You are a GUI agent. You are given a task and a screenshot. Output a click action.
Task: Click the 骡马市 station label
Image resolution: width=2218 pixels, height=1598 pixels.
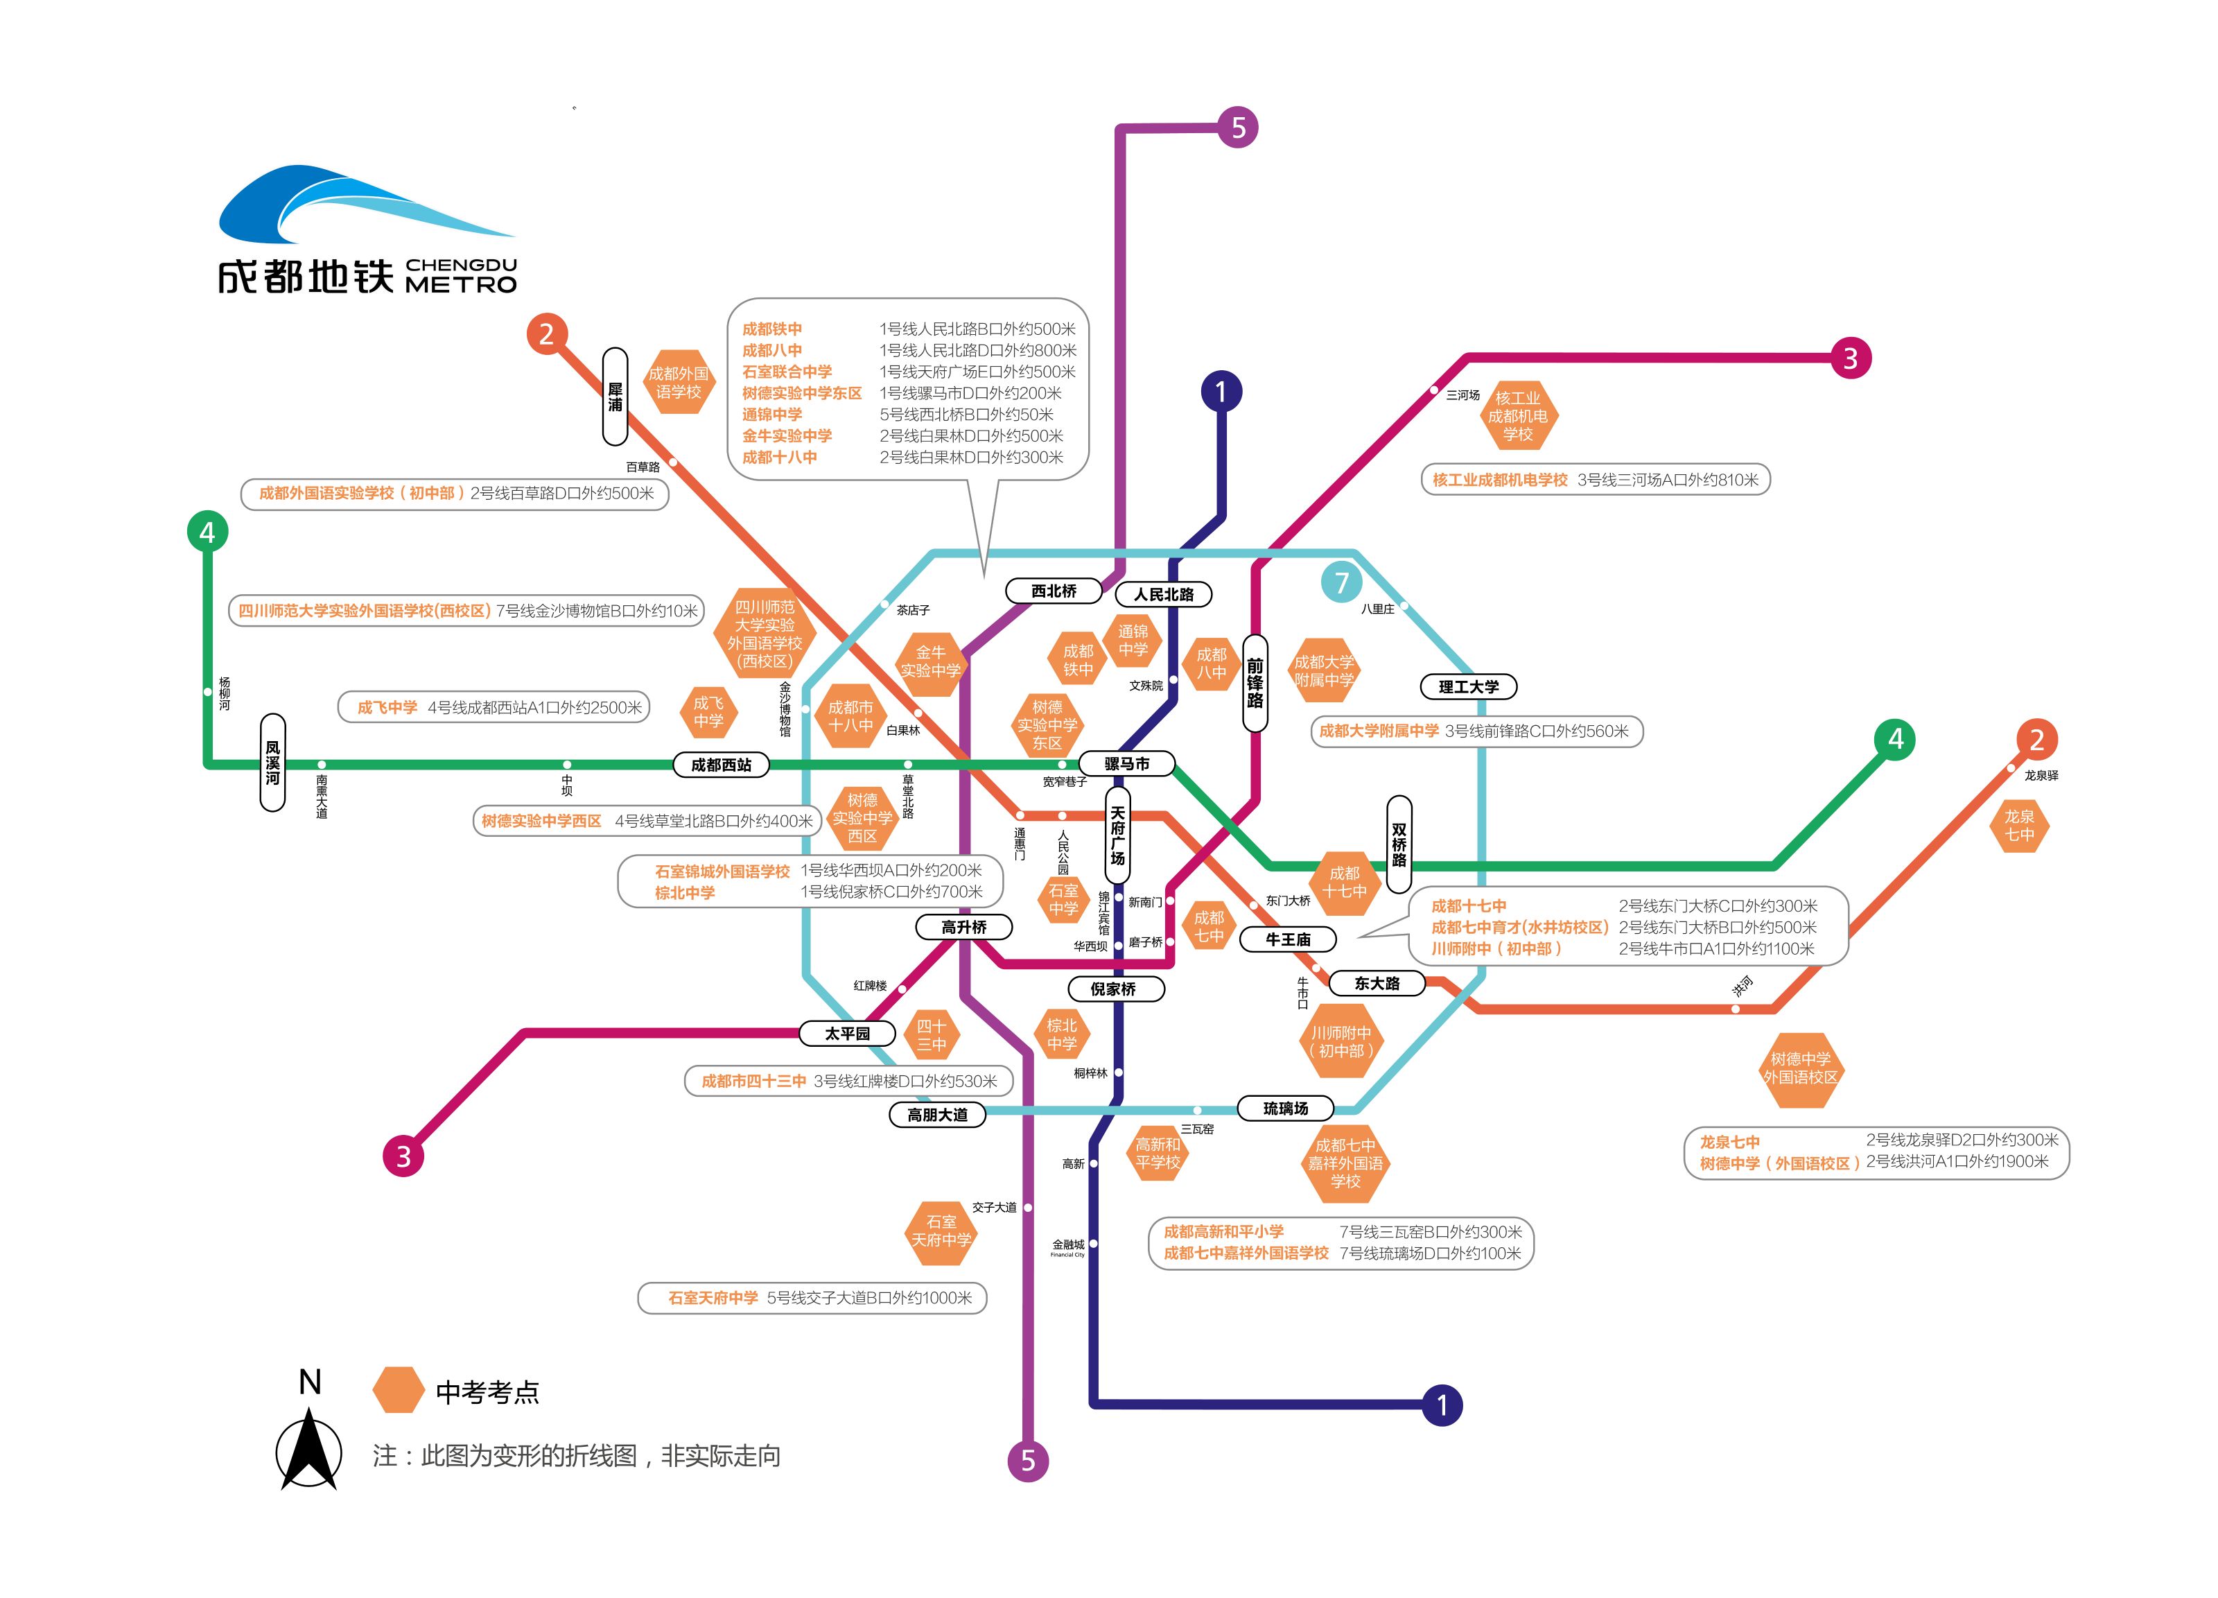[1126, 764]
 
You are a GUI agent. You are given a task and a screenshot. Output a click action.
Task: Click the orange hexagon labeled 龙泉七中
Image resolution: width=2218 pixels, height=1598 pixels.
[2020, 826]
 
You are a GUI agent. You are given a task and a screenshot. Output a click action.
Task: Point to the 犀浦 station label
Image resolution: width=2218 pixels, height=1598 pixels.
[615, 396]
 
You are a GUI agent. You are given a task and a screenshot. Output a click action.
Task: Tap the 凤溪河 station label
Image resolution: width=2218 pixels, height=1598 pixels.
[273, 763]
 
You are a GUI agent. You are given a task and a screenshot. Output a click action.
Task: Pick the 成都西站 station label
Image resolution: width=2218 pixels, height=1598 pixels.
[722, 765]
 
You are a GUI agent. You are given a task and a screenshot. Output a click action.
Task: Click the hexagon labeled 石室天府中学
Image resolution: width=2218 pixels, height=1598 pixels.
[942, 1231]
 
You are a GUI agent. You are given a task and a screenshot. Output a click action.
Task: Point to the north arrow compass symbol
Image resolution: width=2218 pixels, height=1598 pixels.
[309, 1448]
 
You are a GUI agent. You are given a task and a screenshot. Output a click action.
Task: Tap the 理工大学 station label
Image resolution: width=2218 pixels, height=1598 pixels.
[1469, 686]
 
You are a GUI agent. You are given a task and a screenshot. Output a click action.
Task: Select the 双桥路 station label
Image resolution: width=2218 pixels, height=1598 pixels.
[1399, 844]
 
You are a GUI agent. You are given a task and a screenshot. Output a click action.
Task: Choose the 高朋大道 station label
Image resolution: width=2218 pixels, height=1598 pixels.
[937, 1115]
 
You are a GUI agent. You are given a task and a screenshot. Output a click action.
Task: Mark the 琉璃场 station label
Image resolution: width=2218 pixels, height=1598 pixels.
[1286, 1108]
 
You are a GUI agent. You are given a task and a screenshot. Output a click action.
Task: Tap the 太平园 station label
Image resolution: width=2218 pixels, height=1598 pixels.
[848, 1034]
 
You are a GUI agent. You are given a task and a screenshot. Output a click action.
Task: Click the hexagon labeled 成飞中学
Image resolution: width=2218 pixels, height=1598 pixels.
[708, 712]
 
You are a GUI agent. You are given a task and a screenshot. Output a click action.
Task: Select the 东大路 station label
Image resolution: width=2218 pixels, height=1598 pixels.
[1378, 984]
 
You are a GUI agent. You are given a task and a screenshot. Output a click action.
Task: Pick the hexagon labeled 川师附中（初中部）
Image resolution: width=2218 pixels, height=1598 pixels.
[1342, 1041]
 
